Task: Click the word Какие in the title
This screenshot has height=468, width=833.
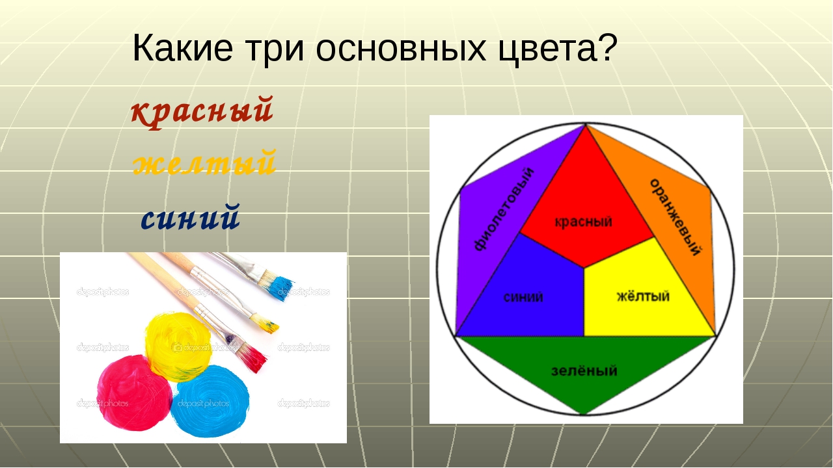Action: (183, 48)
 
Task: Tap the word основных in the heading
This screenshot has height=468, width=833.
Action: (401, 49)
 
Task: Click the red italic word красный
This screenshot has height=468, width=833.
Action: (202, 111)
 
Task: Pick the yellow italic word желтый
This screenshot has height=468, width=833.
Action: (205, 162)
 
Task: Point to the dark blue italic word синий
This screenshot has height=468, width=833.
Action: (191, 216)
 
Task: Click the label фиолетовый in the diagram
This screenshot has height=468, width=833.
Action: (504, 209)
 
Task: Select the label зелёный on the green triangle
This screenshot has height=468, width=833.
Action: (584, 370)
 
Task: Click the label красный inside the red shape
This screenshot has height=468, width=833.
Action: (583, 222)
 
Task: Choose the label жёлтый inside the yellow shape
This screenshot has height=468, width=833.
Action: (643, 296)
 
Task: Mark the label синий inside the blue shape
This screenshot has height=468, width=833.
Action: (523, 297)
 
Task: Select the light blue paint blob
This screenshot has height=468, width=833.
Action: (210, 401)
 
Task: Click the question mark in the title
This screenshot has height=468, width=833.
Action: (607, 47)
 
